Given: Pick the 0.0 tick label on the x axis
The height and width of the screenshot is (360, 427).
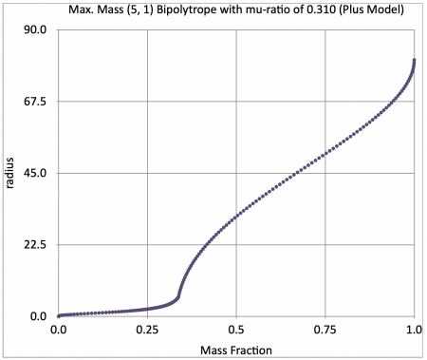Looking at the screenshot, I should (x=59, y=329).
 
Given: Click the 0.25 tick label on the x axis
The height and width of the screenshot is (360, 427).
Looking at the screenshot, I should (x=147, y=329).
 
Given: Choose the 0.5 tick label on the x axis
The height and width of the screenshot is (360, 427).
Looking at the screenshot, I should (x=236, y=329).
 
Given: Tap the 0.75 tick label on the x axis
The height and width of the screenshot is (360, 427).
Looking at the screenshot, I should (x=325, y=329).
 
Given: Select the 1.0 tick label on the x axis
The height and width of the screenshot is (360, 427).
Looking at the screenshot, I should (x=414, y=329).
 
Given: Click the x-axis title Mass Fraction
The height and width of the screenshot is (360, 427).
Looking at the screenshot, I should (x=236, y=350).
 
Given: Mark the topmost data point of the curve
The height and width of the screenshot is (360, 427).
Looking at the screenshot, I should (x=415, y=61).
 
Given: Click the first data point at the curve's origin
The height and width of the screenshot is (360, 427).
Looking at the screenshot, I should (x=59, y=315).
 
